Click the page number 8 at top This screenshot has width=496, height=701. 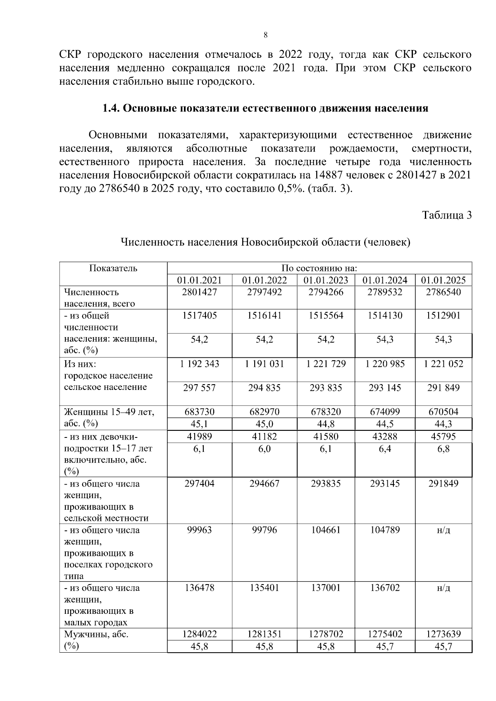(265, 35)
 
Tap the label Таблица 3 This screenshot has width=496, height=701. (446, 215)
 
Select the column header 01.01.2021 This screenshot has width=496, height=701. (199, 280)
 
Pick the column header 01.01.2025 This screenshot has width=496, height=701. (443, 280)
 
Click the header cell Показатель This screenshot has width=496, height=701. (113, 268)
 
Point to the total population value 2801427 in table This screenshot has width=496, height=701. (199, 292)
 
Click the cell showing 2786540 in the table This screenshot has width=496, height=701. (443, 292)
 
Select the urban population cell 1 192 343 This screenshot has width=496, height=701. (199, 364)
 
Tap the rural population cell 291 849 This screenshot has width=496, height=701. (443, 388)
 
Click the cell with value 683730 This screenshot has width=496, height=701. (199, 412)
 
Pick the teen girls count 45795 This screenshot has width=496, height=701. (443, 437)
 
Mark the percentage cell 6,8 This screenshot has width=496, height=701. (443, 449)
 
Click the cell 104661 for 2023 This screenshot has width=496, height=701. (326, 530)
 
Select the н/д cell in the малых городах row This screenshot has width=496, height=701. (443, 588)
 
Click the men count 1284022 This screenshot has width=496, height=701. (199, 634)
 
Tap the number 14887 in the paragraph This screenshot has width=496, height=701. (328, 175)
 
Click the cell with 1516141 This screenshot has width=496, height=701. (264, 316)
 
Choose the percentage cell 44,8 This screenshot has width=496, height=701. (326, 424)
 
